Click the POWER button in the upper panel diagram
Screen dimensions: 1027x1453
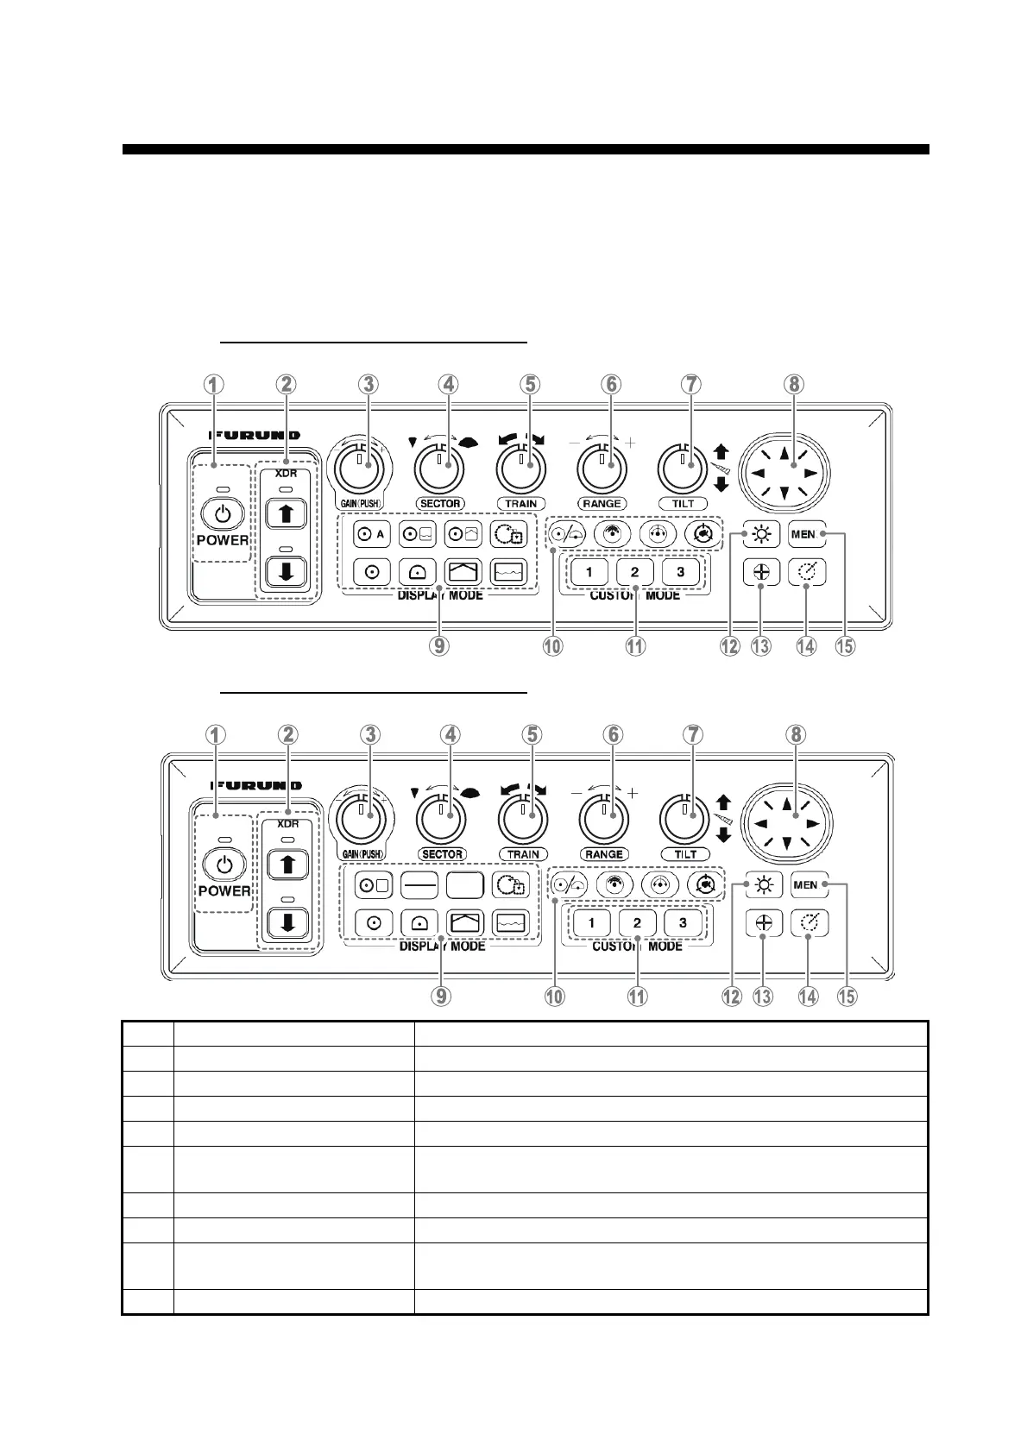[223, 515]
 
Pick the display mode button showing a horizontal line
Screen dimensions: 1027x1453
[419, 885]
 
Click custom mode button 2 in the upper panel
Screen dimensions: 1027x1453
[635, 571]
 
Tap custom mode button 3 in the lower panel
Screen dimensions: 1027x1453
[683, 922]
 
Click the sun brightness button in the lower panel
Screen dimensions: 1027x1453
[764, 885]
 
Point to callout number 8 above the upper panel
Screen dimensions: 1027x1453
[794, 385]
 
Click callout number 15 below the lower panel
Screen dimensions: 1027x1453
[847, 997]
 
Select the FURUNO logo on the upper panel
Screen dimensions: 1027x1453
[255, 435]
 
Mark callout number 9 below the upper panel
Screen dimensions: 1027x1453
[439, 645]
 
